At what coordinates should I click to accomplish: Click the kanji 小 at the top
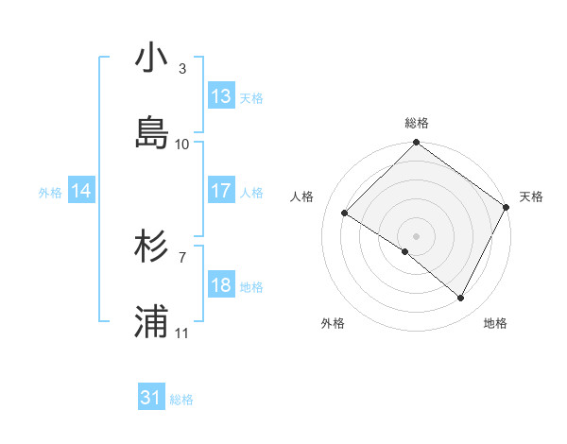pos(152,60)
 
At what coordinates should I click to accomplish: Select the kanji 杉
pos(152,248)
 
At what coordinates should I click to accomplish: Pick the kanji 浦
pos(152,322)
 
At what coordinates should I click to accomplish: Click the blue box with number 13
pos(221,95)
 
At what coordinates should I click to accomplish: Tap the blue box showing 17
pos(221,191)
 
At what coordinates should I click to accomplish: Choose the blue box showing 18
pos(221,285)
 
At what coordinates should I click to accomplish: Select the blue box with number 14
pos(81,191)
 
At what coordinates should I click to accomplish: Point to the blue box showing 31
pos(151,398)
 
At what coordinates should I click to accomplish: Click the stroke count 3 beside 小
pos(182,69)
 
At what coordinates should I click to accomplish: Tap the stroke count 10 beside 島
pos(182,144)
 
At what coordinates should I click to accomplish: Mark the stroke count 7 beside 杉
pos(182,257)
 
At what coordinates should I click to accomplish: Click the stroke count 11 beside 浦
pos(182,333)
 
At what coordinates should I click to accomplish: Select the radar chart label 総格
pos(416,123)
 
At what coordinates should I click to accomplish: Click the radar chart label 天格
pos(531,196)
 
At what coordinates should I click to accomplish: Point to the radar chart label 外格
pos(333,323)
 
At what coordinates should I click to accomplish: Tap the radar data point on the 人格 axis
pos(345,213)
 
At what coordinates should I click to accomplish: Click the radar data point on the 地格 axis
pos(461,299)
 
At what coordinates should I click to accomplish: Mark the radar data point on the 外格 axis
pos(404,251)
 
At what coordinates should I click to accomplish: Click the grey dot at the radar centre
pos(416,235)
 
